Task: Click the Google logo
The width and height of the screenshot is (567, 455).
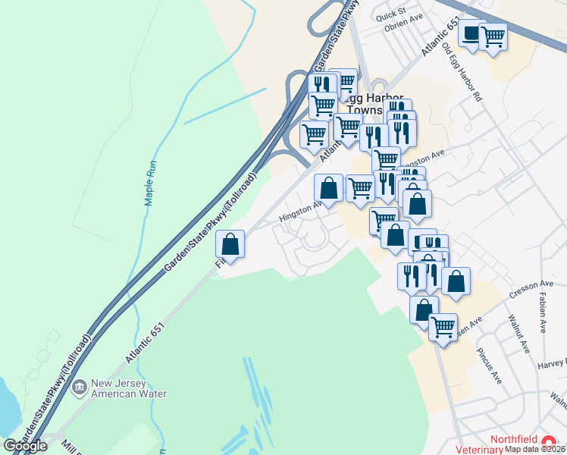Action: pos(25,446)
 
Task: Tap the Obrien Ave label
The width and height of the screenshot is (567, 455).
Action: pos(403,28)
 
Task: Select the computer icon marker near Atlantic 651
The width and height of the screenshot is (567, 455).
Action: pos(471,33)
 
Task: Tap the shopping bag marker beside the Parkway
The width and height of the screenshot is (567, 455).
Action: pos(230,244)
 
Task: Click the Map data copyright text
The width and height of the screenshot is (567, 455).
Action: pos(535,449)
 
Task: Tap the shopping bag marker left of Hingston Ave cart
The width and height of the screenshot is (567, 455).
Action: pos(328,188)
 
